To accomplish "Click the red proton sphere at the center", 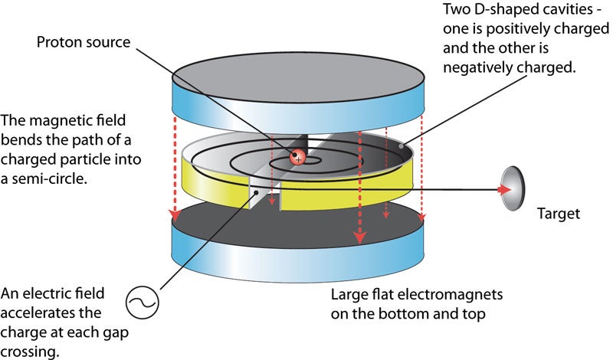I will [x=298, y=157].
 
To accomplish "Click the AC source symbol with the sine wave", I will [x=145, y=304].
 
